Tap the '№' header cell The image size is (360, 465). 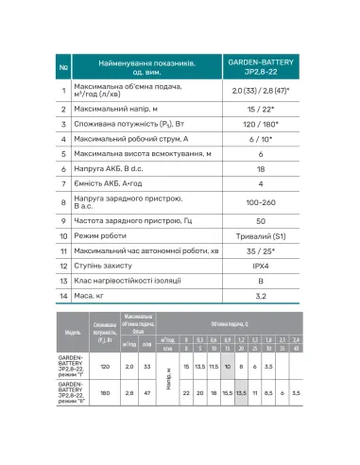click(x=63, y=68)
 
